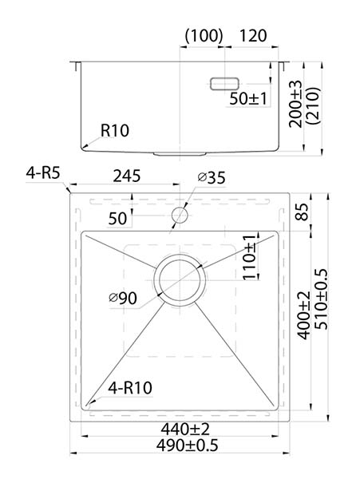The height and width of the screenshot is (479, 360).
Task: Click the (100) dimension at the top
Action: click(204, 35)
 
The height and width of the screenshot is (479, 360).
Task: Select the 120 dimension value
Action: click(253, 36)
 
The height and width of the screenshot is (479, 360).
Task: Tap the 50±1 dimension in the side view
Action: click(248, 98)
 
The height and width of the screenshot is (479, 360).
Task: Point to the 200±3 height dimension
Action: click(295, 104)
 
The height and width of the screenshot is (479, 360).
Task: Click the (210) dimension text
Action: click(314, 105)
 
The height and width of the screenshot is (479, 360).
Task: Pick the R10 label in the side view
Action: click(115, 131)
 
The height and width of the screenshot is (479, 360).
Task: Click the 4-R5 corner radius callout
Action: click(43, 173)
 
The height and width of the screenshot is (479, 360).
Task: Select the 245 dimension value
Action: click(127, 176)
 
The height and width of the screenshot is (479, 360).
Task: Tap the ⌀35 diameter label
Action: click(212, 177)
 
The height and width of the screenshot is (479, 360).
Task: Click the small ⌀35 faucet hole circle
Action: click(180, 216)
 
